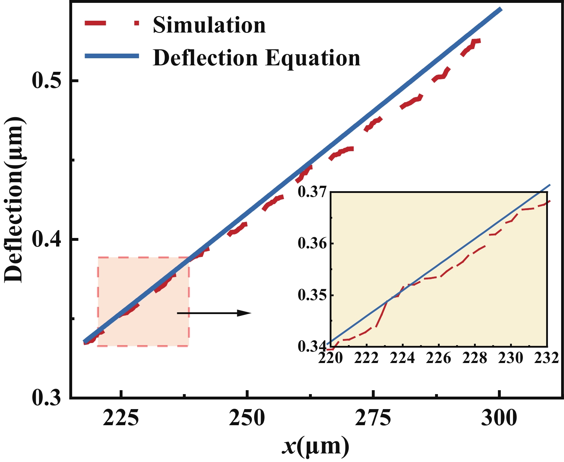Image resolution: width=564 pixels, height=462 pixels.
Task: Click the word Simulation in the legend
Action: [209, 25]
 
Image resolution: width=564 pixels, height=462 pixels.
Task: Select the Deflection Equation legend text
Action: [256, 58]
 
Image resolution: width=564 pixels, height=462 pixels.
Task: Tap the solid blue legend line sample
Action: [111, 55]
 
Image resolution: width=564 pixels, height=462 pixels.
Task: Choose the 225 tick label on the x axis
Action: [121, 418]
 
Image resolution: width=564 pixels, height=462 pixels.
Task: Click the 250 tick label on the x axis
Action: [247, 418]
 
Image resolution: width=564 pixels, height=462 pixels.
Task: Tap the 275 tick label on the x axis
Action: [373, 418]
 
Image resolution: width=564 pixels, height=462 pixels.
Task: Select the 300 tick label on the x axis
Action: [499, 418]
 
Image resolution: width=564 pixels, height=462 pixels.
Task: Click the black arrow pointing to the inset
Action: [214, 313]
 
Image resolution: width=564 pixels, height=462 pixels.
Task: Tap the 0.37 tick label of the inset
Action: [312, 192]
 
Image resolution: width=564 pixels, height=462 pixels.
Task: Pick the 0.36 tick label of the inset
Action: [312, 244]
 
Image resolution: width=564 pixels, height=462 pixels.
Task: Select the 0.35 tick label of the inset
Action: [312, 295]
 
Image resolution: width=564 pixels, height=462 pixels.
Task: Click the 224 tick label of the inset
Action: [403, 358]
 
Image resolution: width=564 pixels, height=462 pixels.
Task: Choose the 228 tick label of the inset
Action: [475, 358]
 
